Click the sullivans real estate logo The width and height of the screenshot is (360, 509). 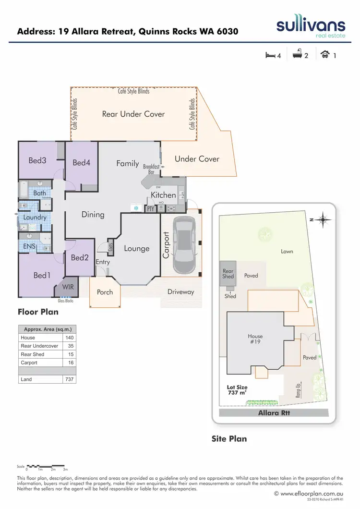pyautogui.click(x=310, y=27)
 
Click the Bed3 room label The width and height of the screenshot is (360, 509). pyautogui.click(x=37, y=160)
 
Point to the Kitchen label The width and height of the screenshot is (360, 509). pyautogui.click(x=164, y=195)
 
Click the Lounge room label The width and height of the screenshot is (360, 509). pyautogui.click(x=137, y=248)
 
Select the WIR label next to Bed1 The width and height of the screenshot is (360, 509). pyautogui.click(x=68, y=287)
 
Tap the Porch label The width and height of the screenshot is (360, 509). pyautogui.click(x=105, y=292)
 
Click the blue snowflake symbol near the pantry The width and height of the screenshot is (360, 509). pyautogui.click(x=136, y=208)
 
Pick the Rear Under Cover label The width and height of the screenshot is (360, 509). pyautogui.click(x=133, y=114)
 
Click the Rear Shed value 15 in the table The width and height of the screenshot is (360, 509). pyautogui.click(x=71, y=354)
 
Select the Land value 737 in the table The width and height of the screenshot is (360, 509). pyautogui.click(x=69, y=379)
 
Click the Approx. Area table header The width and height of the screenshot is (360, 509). pyautogui.click(x=47, y=329)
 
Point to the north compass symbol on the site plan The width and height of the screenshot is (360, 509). pyautogui.click(x=324, y=220)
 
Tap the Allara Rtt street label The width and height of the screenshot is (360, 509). pyautogui.click(x=274, y=413)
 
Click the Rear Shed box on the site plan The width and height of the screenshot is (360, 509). pyautogui.click(x=228, y=274)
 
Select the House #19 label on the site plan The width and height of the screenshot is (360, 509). pyautogui.click(x=255, y=339)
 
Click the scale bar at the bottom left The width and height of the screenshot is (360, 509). pyautogui.click(x=47, y=466)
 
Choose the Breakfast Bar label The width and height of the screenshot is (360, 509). pyautogui.click(x=151, y=169)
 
